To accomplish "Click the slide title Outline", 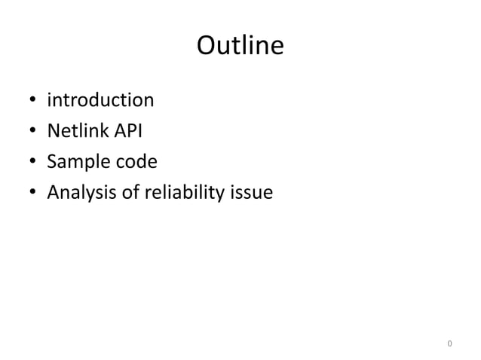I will [240, 47].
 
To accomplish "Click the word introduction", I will [100, 99].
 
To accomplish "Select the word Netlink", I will [76, 131].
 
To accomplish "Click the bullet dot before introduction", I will [32, 101].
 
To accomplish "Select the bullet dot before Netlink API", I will [32, 133].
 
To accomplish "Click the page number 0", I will [449, 344].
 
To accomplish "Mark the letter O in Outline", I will [207, 47].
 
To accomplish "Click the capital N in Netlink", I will [54, 131].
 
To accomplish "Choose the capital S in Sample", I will [52, 163].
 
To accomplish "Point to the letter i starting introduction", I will [50, 99].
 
